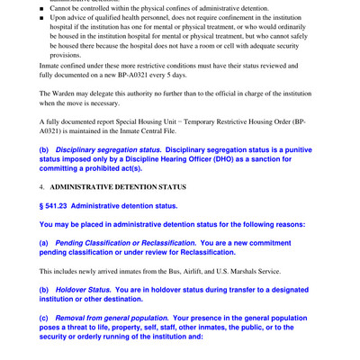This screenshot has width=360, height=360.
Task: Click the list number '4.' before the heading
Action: coord(42,187)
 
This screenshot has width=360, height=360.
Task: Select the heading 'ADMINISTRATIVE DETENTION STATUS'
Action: coord(118,187)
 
